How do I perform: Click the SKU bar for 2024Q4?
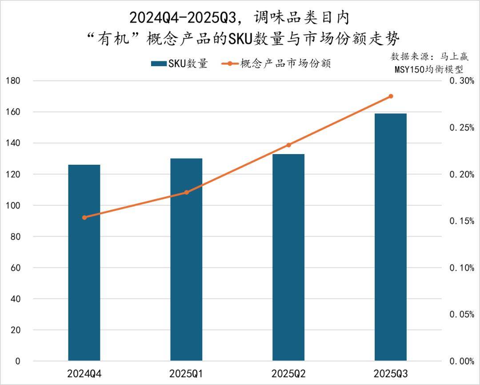(84, 262)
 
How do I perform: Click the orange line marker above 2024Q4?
(84, 217)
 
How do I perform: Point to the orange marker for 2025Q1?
(187, 192)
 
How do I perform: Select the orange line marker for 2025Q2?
(288, 145)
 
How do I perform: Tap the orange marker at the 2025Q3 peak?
(391, 96)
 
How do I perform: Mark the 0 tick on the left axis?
(18, 361)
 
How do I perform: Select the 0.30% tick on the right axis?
(462, 81)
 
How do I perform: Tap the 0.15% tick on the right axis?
(462, 221)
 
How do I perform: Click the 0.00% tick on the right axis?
(462, 361)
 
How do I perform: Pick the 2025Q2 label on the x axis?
(288, 373)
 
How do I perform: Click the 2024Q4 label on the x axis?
(84, 373)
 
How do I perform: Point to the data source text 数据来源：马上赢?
(429, 57)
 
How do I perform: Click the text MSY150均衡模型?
(429, 70)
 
